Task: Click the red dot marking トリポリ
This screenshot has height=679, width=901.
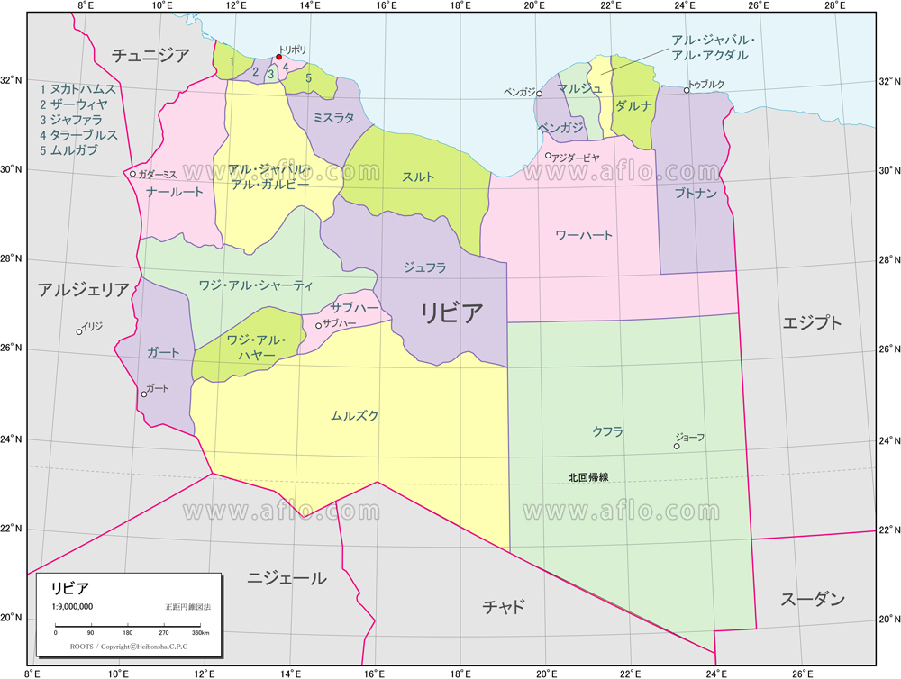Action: coord(278,57)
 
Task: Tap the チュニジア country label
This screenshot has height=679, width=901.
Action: coord(150,56)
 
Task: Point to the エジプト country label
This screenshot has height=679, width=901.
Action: coord(813,322)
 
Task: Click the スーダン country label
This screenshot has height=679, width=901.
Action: coord(813,599)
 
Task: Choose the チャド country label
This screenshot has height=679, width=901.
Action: coord(504,606)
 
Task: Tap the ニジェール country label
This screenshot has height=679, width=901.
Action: coord(287,578)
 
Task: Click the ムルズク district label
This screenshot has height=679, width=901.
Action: coord(354,416)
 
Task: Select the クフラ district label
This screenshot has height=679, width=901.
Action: coord(607,431)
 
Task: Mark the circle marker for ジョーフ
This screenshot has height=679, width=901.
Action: coord(677,446)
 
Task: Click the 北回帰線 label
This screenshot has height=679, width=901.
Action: coord(587,477)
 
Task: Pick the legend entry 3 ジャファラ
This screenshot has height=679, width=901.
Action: coord(70,120)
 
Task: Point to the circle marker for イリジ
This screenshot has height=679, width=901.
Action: coord(79,331)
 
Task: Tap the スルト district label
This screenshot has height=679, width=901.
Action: coord(418,177)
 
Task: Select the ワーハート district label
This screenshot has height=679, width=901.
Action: coord(583,235)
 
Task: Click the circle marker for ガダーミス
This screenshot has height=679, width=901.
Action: coord(132,174)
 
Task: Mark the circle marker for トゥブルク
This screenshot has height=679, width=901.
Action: coord(687,90)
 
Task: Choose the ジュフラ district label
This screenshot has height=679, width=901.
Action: coord(424,267)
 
